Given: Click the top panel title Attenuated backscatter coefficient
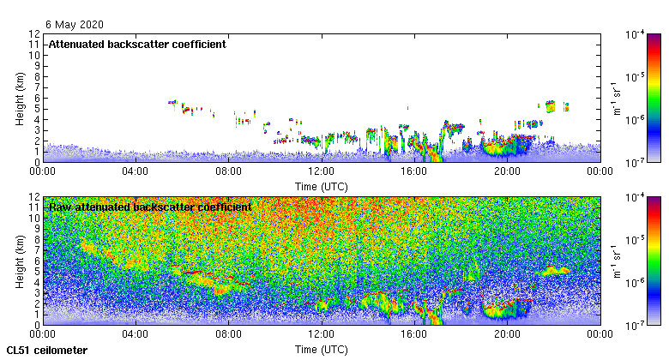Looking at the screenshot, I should [137, 44].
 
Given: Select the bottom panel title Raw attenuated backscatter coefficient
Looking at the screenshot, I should [150, 207].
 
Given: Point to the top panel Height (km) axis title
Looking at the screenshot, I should [19, 98].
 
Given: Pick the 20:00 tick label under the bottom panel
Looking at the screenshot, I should [507, 334].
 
